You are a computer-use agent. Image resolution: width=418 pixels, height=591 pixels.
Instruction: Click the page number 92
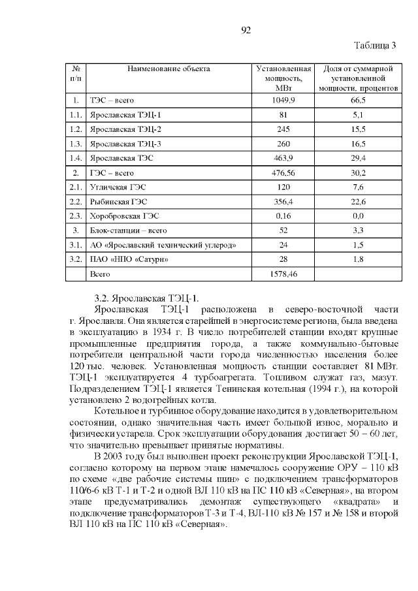pyautogui.click(x=246, y=31)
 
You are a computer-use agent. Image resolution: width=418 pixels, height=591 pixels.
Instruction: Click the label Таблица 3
pyautogui.click(x=375, y=46)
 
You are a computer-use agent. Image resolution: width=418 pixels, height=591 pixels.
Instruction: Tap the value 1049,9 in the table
pyautogui.click(x=283, y=100)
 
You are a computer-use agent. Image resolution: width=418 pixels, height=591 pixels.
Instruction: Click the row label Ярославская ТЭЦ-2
pyautogui.click(x=125, y=129)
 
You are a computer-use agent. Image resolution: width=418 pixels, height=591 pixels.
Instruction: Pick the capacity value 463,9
pyautogui.click(x=283, y=158)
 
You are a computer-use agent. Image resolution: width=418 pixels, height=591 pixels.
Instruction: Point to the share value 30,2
pyautogui.click(x=358, y=173)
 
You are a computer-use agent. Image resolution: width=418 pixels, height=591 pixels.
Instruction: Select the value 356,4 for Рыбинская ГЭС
pyautogui.click(x=283, y=202)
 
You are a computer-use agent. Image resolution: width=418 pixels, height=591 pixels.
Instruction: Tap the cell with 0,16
pyautogui.click(x=283, y=216)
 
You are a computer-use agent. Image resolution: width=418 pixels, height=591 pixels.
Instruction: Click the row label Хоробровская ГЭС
pyautogui.click(x=125, y=216)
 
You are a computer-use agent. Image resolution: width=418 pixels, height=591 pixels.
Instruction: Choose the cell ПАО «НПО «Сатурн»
pyautogui.click(x=134, y=260)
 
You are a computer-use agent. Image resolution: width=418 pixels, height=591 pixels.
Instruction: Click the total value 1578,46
pyautogui.click(x=283, y=275)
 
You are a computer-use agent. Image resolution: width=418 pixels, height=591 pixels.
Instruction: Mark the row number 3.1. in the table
pyautogui.click(x=76, y=246)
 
